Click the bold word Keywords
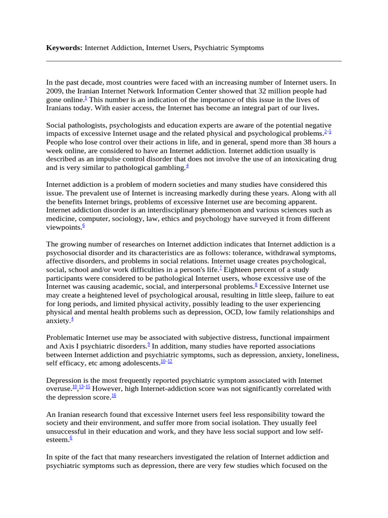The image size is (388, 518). [x=64, y=48]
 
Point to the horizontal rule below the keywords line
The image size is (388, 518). [x=193, y=61]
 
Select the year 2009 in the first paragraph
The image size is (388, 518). [x=55, y=91]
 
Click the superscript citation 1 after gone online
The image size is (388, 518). [x=86, y=97]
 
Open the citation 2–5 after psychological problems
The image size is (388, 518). [x=327, y=132]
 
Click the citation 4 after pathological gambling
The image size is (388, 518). [x=187, y=166]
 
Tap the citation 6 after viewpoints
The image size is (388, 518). [x=83, y=226]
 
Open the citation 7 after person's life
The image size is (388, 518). [x=221, y=269]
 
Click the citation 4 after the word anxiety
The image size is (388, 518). [x=72, y=319]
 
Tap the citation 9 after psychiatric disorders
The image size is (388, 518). [x=149, y=344]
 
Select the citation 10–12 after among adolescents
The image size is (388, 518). [x=166, y=361]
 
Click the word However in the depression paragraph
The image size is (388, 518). [x=110, y=388]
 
